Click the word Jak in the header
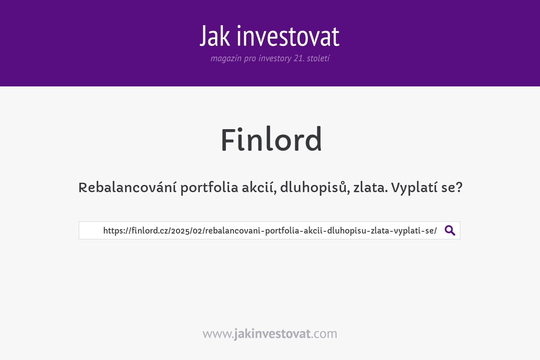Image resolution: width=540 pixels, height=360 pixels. click(216, 36)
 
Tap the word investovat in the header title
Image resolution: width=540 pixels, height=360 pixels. click(288, 36)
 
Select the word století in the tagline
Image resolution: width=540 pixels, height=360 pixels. click(318, 58)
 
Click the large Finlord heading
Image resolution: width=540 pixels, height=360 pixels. click(271, 140)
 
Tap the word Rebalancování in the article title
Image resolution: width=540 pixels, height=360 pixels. click(127, 188)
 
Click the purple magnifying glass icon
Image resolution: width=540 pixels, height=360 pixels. click(450, 230)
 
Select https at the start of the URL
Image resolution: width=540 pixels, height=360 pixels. click(113, 231)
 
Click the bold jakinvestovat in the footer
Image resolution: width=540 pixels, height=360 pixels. click(272, 334)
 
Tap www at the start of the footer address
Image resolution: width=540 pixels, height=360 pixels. click(216, 334)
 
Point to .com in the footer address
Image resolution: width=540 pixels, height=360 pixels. click(324, 334)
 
